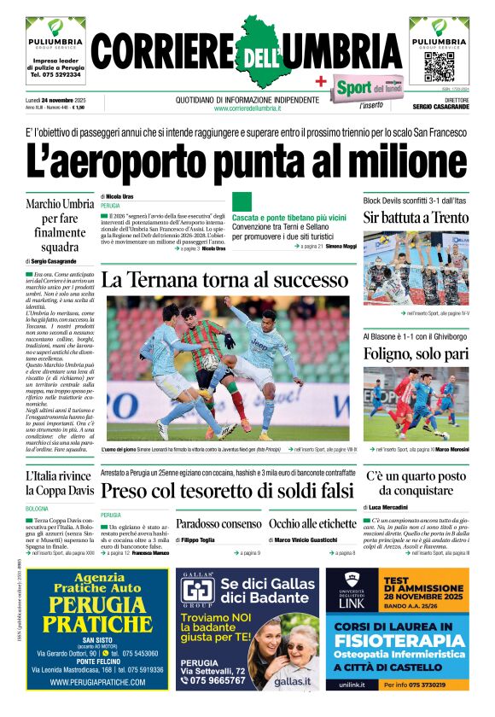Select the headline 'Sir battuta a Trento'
tap(416, 218)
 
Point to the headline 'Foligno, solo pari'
tap(416, 354)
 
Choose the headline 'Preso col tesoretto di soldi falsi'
tap(226, 491)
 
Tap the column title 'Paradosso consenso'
tap(218, 524)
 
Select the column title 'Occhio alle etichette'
tap(312, 524)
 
